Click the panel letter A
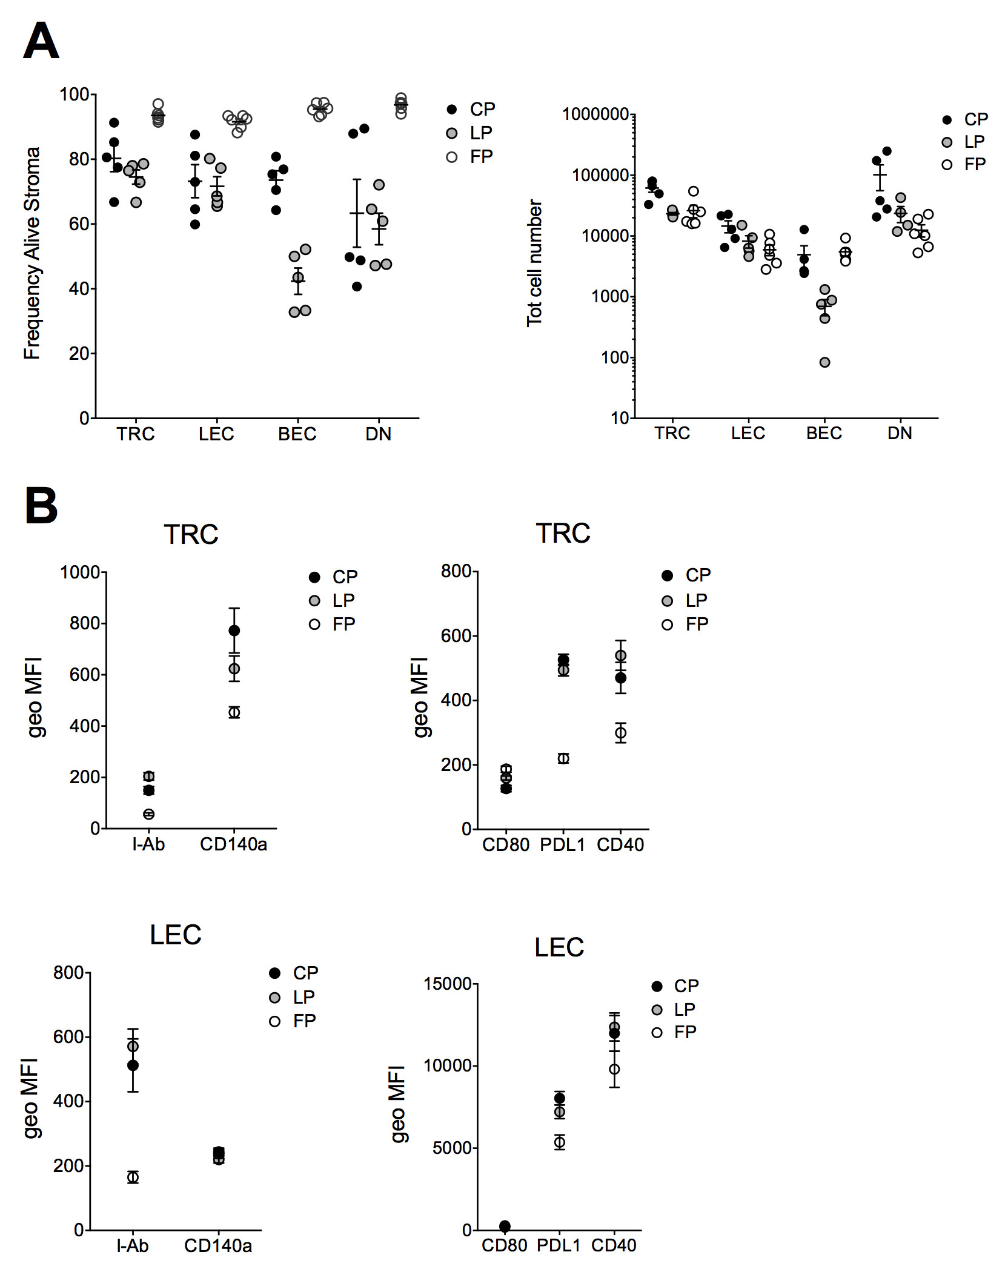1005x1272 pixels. [x=41, y=41]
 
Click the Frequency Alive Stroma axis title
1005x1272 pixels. [x=32, y=253]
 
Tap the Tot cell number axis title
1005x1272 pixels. [x=534, y=263]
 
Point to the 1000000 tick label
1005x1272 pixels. [x=595, y=114]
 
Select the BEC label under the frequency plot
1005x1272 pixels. [x=297, y=434]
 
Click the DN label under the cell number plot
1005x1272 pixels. [x=900, y=433]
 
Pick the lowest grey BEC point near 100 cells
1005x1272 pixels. [x=824, y=362]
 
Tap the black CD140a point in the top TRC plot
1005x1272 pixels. [x=234, y=631]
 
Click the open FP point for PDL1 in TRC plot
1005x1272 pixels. [x=563, y=758]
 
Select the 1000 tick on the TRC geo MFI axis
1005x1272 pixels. [x=80, y=572]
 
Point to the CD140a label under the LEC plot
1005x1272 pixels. [x=218, y=1246]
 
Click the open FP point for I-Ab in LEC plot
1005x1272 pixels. [x=133, y=1177]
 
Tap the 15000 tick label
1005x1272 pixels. [x=448, y=984]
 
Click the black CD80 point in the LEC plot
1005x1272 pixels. [x=505, y=1226]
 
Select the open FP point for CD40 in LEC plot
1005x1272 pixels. [x=614, y=1069]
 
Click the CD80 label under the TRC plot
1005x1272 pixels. [x=506, y=844]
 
